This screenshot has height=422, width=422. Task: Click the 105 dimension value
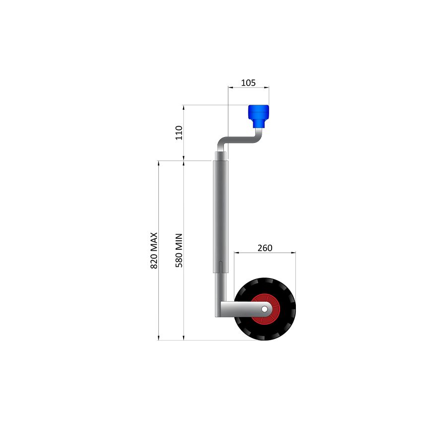pos(248,83)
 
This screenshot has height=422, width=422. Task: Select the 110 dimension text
pos(179,133)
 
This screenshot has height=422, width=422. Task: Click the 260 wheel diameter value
pos(265,248)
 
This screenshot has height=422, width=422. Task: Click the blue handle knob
pos(258,112)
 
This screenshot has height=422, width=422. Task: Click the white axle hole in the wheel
pos(265,309)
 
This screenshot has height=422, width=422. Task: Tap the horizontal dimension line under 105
pos(248,88)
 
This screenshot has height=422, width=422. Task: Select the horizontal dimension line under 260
pos(265,253)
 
